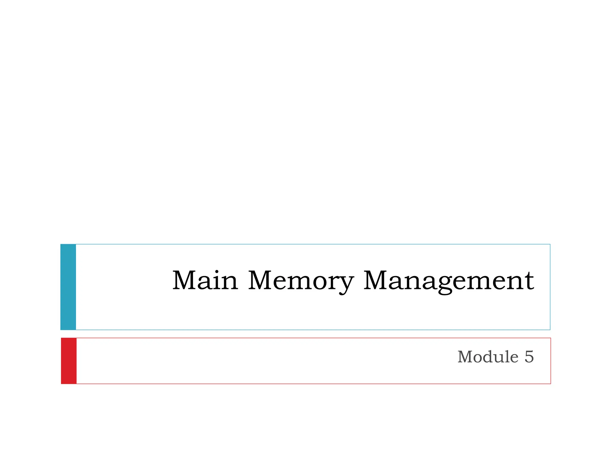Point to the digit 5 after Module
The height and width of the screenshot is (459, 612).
click(x=529, y=357)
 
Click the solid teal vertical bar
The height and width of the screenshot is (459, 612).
click(x=68, y=287)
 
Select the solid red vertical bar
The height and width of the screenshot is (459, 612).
click(x=69, y=361)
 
